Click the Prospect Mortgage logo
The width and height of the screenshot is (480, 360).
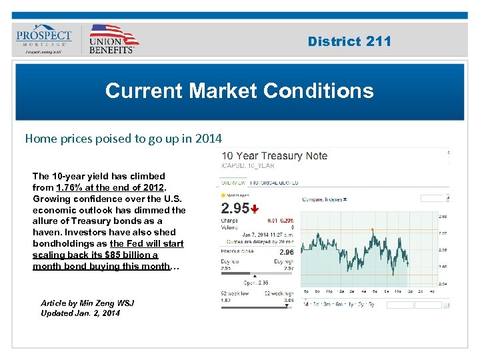(x=44, y=39)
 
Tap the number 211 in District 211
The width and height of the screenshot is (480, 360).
(x=379, y=41)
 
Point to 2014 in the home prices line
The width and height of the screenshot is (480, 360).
(x=208, y=139)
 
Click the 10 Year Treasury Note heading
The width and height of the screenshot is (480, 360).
(x=275, y=156)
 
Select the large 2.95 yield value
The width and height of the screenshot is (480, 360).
(x=235, y=208)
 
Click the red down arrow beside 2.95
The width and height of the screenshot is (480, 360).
(x=255, y=209)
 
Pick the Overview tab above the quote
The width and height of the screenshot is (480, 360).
(x=232, y=182)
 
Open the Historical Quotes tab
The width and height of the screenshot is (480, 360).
(x=273, y=182)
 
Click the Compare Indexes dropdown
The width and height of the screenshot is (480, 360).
(x=325, y=199)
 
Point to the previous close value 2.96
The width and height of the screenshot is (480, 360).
(x=286, y=253)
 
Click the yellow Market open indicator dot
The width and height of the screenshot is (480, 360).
(x=223, y=196)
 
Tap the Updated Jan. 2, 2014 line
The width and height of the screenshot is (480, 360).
(x=80, y=313)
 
